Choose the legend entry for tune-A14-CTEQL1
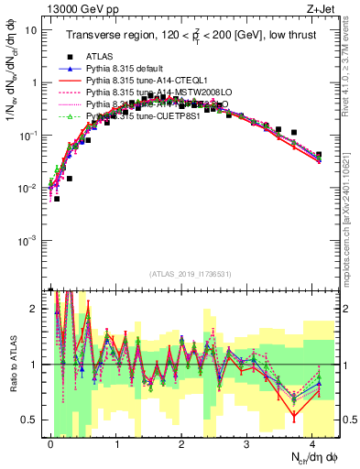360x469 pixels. (x=149, y=81)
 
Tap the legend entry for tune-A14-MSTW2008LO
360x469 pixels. (x=158, y=93)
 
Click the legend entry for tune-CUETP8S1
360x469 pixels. (x=149, y=117)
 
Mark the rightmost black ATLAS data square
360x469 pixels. (x=318, y=155)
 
